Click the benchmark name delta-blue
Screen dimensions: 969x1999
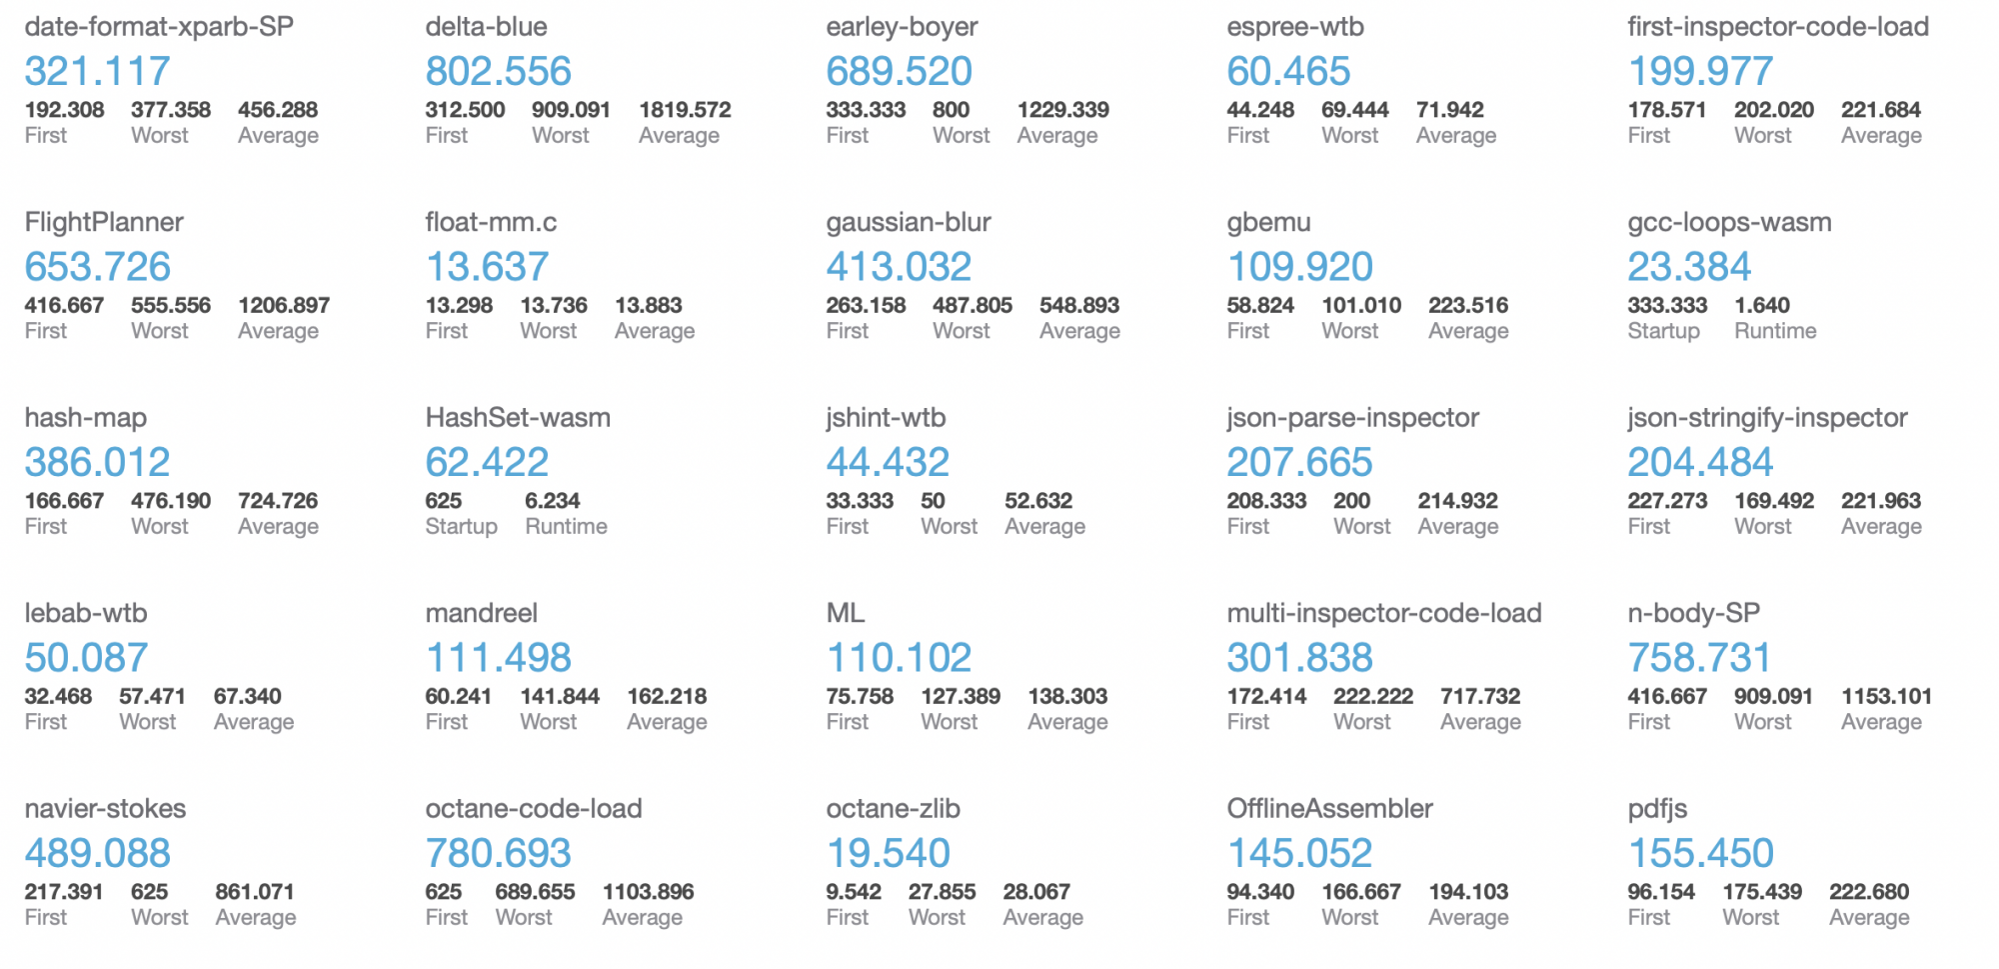pyautogui.click(x=486, y=27)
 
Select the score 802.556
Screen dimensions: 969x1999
pyautogui.click(x=498, y=71)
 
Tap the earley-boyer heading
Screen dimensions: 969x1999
pyautogui.click(x=902, y=27)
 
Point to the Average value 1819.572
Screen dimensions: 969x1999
pyautogui.click(x=685, y=110)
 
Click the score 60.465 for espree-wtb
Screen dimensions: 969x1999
pyautogui.click(x=1288, y=71)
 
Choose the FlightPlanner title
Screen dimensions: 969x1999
pyautogui.click(x=104, y=222)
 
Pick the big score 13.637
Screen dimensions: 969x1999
pyautogui.click(x=487, y=267)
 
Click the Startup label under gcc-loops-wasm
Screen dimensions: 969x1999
pyautogui.click(x=1663, y=331)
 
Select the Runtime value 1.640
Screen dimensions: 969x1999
pyautogui.click(x=1762, y=305)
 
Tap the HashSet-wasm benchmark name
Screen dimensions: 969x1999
pyautogui.click(x=518, y=418)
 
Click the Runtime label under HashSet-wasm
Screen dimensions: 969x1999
pyautogui.click(x=566, y=527)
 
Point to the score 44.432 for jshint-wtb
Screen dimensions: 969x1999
pyautogui.click(x=888, y=462)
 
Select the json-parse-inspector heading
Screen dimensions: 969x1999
pyautogui.click(x=1352, y=418)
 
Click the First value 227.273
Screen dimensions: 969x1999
pyautogui.click(x=1667, y=501)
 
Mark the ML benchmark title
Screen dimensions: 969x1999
pyautogui.click(x=846, y=613)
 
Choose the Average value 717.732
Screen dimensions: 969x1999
pyautogui.click(x=1480, y=696)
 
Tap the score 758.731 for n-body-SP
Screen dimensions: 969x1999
pyautogui.click(x=1699, y=658)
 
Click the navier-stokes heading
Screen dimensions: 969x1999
pyautogui.click(x=105, y=809)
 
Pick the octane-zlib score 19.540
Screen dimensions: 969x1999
pyautogui.click(x=888, y=853)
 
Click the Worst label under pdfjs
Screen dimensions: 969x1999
pyautogui.click(x=1750, y=918)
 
